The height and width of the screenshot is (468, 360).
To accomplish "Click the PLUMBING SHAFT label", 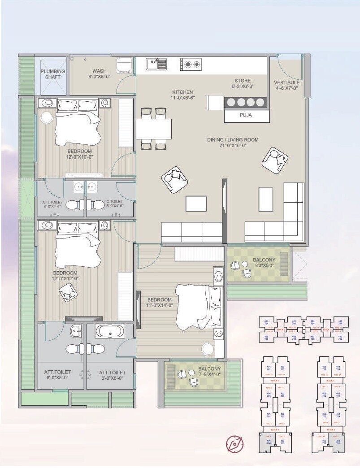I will pos(53,74).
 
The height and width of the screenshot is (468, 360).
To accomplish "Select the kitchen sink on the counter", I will pos(156,65).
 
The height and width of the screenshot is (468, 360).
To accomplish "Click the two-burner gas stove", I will pos(191,65).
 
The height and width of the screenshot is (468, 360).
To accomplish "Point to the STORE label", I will pos(243,83).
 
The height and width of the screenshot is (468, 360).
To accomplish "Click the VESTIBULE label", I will pos(286,86).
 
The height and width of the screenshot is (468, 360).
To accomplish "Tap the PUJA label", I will pos(246,116).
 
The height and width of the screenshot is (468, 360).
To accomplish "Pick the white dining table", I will pos(153,129).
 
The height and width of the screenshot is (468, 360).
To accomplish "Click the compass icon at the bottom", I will pos(234,443).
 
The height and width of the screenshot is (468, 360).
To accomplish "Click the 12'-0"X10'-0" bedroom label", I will pos(79,154).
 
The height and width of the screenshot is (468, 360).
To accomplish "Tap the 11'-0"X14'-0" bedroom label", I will pos(159,303).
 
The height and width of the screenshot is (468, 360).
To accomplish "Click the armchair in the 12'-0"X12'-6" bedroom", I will pos(68,294).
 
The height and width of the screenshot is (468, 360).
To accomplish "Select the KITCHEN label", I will pos(182,95).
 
